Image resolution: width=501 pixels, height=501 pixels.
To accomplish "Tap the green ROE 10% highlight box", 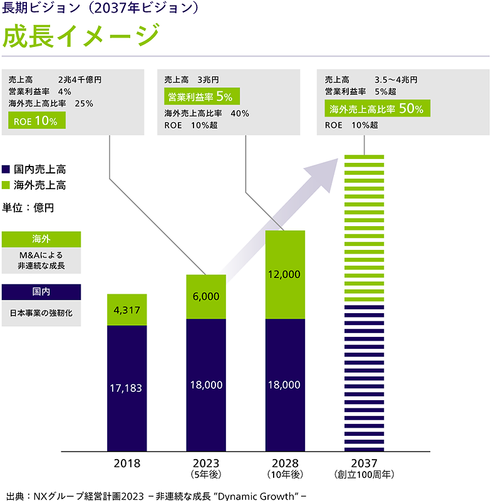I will click(37, 121).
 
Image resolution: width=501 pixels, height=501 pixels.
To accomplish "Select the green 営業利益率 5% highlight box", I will click(202, 96).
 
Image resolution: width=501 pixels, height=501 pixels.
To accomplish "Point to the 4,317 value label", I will click(127, 309).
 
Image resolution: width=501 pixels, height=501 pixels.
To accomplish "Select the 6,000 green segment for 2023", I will click(206, 297).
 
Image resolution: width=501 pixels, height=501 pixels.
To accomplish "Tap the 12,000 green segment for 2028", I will click(285, 274).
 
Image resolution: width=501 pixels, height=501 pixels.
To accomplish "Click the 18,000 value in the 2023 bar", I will click(206, 385).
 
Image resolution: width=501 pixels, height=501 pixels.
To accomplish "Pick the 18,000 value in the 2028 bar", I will click(285, 385).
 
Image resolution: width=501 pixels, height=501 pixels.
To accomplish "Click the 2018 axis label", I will click(127, 464).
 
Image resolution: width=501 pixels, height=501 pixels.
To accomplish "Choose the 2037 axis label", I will click(364, 464).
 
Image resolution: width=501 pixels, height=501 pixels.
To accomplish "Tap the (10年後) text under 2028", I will click(285, 475).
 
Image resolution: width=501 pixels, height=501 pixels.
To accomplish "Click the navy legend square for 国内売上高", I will click(7, 169).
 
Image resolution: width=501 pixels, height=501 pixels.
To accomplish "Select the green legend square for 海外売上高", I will click(7, 185).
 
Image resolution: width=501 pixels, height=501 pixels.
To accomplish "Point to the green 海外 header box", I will click(41, 239).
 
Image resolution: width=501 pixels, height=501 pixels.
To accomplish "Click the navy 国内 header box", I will click(41, 292).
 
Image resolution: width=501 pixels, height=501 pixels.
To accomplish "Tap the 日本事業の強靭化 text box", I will click(41, 313).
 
